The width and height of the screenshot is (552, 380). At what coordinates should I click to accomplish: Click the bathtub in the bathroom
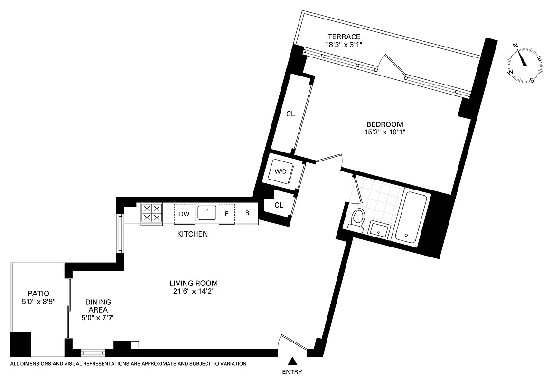click(412, 216)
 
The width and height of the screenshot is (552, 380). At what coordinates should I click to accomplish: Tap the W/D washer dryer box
click(281, 171)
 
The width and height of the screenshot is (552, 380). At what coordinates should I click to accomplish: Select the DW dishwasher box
click(184, 214)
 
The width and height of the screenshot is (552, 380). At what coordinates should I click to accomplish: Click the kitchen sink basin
click(207, 213)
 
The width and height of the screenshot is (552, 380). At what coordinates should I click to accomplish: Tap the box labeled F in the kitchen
click(227, 214)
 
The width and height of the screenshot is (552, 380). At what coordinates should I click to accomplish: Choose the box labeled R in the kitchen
click(247, 213)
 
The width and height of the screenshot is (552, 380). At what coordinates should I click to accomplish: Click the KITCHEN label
click(192, 234)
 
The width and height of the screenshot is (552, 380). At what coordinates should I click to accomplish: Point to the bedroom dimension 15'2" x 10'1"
click(382, 133)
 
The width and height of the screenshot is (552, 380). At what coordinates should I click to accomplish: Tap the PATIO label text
click(38, 294)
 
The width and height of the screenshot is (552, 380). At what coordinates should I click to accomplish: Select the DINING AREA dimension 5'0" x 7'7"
click(98, 318)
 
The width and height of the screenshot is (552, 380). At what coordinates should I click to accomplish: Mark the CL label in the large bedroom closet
click(290, 114)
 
